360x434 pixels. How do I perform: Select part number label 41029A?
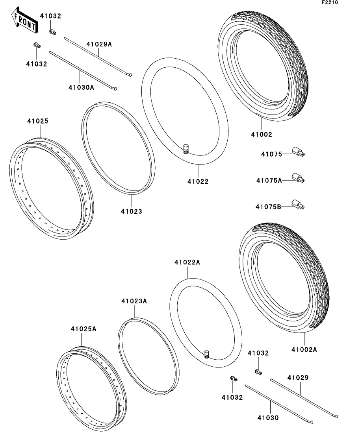(x=99, y=44)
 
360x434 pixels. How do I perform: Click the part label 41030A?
(x=81, y=87)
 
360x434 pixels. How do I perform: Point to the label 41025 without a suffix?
(x=37, y=121)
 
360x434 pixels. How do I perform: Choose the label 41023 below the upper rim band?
(x=131, y=211)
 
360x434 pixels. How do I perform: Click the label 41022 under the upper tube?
(x=198, y=181)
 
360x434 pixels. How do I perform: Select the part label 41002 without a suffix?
(x=262, y=135)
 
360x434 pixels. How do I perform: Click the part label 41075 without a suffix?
(x=271, y=154)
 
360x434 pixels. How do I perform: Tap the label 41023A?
(x=134, y=301)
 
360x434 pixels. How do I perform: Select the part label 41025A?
(x=84, y=329)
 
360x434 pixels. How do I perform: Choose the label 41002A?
(x=304, y=349)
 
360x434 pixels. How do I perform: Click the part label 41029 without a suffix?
(x=298, y=378)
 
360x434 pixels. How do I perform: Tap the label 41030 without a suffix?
(x=268, y=418)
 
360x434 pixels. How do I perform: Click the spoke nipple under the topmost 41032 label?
(x=52, y=31)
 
